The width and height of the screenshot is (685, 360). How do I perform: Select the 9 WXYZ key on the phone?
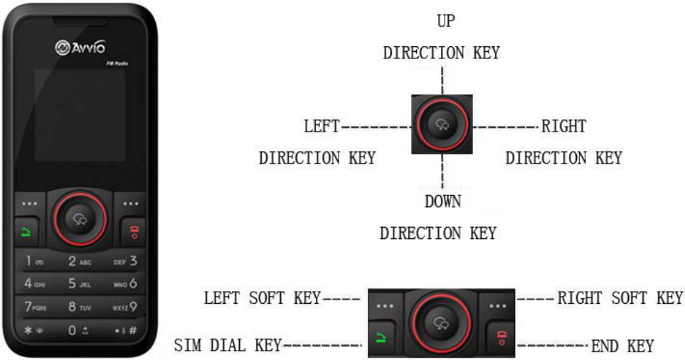click(124, 307)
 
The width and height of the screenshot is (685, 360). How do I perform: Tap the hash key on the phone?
click(125, 331)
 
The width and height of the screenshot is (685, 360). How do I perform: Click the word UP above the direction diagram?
click(446, 21)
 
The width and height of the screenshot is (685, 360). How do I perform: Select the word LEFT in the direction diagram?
click(322, 127)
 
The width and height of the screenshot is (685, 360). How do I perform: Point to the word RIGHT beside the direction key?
click(563, 127)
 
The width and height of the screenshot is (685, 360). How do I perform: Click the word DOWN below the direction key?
click(442, 201)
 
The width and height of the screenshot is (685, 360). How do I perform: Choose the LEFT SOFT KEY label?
click(262, 297)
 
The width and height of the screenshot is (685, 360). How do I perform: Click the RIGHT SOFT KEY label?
click(620, 297)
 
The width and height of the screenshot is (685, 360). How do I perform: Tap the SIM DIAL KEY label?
click(228, 346)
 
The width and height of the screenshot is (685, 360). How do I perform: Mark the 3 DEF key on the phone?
click(124, 262)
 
